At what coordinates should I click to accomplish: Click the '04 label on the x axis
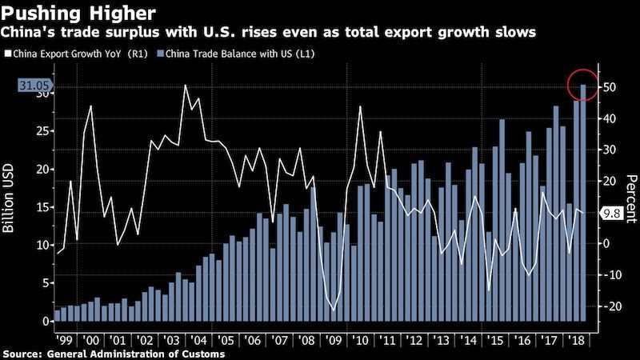pyautogui.click(x=197, y=338)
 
